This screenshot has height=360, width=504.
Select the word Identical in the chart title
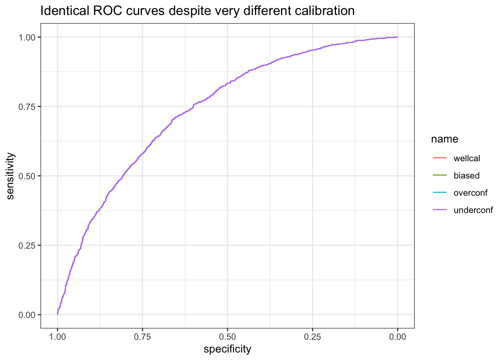coord(65,11)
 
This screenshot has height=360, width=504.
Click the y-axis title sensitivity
coord(10,176)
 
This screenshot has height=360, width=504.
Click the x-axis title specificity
coord(227,349)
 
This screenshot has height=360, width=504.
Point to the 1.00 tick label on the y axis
coord(27,37)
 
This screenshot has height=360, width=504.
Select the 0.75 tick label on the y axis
coord(27,106)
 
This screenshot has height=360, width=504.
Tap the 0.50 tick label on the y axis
coord(27,176)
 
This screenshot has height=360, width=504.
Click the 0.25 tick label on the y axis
coord(27,246)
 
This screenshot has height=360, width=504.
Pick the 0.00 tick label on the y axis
coord(27,315)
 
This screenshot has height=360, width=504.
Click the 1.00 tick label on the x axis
coord(57,337)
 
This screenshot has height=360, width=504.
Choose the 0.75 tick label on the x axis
coord(142,337)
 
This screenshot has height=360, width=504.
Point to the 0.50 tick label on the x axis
coord(228,337)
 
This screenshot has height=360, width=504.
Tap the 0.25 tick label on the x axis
coord(312,337)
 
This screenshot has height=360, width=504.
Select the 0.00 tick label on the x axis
coord(397,337)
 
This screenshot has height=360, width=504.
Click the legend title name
coord(445,139)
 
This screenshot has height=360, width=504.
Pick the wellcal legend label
coord(466,158)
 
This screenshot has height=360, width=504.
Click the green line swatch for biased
coord(439,175)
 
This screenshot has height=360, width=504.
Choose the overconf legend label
coord(471,193)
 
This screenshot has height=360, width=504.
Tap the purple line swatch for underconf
coord(439,210)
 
